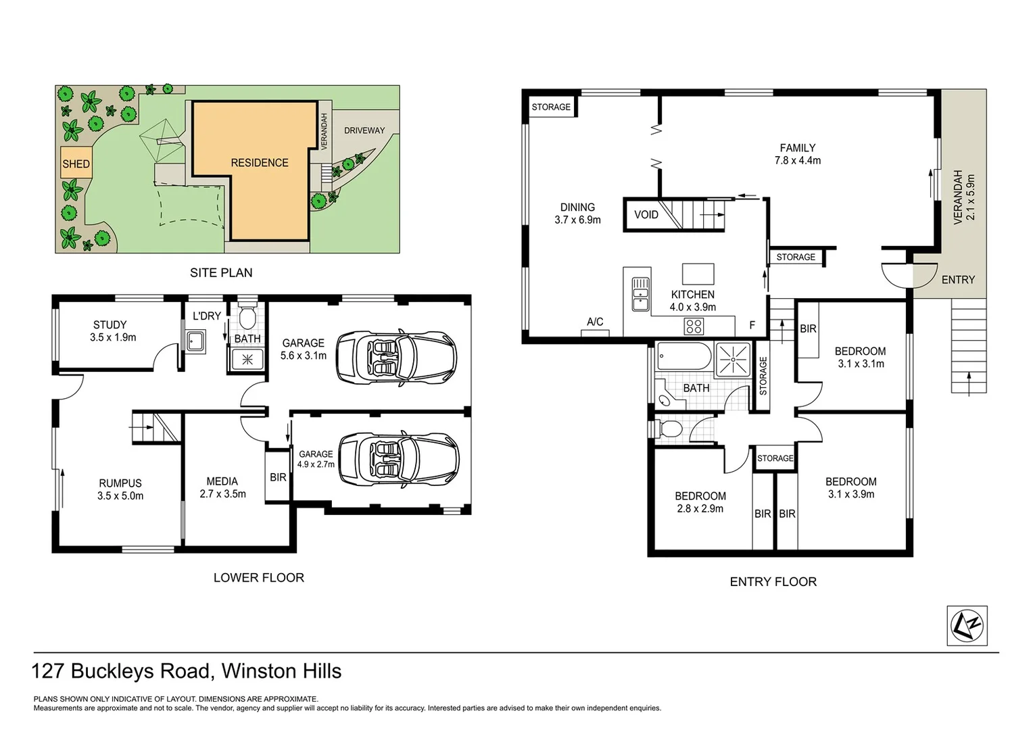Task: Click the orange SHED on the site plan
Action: point(76,163)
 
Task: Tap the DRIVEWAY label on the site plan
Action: point(364,130)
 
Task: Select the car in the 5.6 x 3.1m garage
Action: point(397,356)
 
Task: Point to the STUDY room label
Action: point(110,325)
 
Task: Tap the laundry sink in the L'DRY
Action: point(196,341)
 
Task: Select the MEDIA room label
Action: point(222,481)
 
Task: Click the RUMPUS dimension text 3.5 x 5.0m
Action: point(120,495)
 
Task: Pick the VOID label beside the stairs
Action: point(646,215)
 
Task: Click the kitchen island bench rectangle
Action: point(698,274)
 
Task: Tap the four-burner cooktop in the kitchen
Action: point(694,326)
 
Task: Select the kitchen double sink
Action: point(640,294)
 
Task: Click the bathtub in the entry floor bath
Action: point(683,357)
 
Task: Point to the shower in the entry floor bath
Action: point(734,358)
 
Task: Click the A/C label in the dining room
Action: point(595,322)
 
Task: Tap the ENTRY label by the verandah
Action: point(958,279)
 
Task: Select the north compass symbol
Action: point(967,625)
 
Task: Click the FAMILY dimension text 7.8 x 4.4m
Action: point(798,160)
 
